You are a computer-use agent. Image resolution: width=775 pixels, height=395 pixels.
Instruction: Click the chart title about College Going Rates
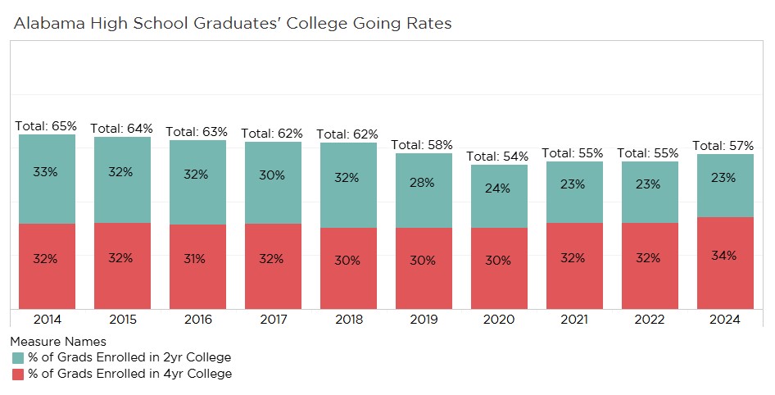(x=233, y=23)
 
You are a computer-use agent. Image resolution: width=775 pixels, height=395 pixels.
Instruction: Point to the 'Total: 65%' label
(x=46, y=126)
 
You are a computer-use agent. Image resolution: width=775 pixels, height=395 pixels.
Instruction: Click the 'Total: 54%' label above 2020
(x=497, y=156)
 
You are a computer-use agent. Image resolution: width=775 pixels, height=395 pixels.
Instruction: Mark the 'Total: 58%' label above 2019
(x=422, y=145)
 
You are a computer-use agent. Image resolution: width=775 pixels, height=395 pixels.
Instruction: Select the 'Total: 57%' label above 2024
(x=723, y=145)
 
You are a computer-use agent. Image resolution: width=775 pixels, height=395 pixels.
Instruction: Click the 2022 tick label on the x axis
(x=648, y=320)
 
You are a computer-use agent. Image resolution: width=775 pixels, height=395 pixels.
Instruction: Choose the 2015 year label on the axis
(x=121, y=320)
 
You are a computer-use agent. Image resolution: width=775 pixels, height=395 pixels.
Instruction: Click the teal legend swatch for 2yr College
(x=18, y=357)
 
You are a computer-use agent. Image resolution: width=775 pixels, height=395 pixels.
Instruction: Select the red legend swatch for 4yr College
(x=18, y=374)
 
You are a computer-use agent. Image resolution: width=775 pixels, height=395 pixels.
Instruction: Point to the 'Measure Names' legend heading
(x=58, y=341)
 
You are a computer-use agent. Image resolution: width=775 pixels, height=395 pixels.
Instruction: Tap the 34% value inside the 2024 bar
(x=724, y=255)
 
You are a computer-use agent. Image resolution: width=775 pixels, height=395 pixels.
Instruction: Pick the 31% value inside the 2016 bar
(x=196, y=258)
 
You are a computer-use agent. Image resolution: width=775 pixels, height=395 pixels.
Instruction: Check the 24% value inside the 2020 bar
(x=497, y=188)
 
